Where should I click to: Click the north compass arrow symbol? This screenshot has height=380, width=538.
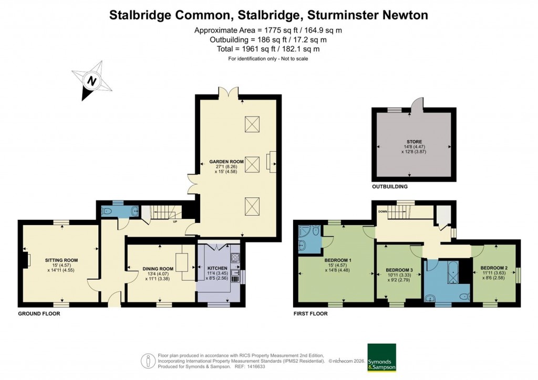click(x=92, y=81)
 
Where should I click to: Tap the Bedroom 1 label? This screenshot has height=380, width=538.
click(x=338, y=261)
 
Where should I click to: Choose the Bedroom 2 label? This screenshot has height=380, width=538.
click(x=493, y=268)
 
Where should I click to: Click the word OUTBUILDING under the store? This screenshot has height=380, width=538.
click(x=389, y=186)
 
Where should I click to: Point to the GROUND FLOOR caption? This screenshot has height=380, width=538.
click(x=39, y=314)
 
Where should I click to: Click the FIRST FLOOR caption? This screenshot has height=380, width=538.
click(x=310, y=314)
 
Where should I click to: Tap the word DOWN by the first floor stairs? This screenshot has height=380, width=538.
click(x=382, y=212)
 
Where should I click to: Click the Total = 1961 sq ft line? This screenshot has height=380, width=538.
click(x=268, y=49)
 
